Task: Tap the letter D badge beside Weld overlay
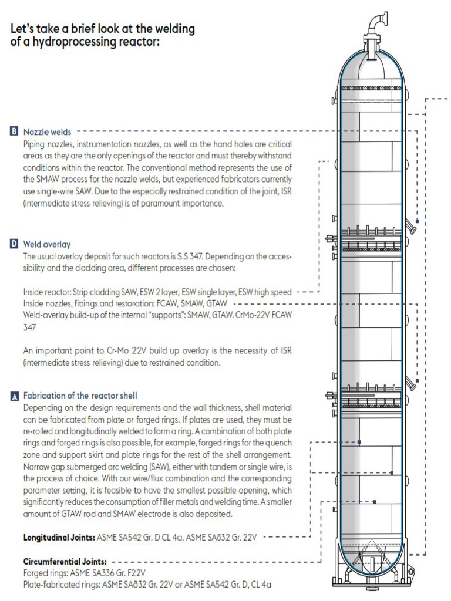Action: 14,244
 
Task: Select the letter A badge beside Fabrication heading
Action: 14,396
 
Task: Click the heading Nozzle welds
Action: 48,132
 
